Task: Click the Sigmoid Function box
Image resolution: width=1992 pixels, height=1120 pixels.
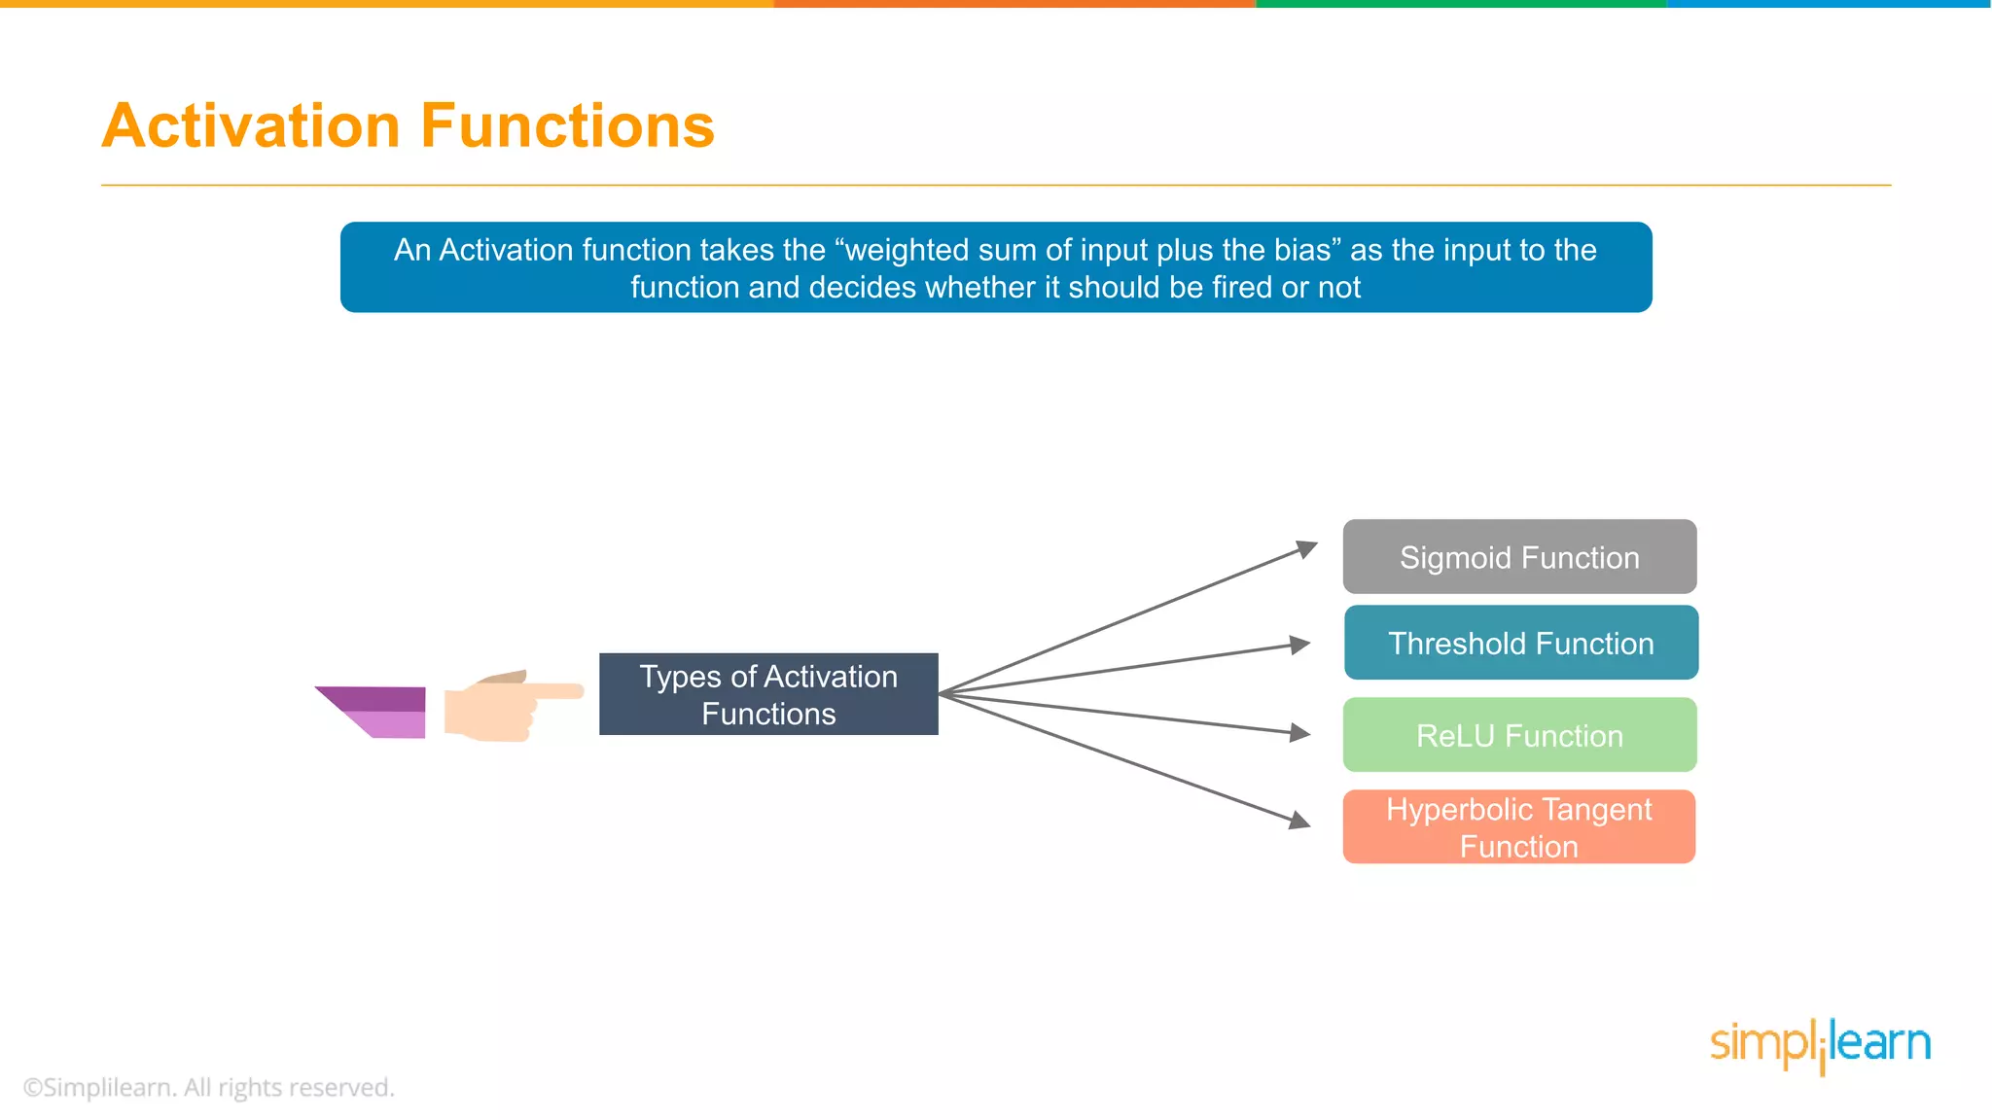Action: tap(1519, 557)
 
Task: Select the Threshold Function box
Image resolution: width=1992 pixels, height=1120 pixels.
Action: tap(1521, 643)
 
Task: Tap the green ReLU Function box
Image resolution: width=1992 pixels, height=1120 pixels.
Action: tap(1519, 735)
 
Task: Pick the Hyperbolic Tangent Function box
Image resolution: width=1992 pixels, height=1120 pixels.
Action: tap(1519, 826)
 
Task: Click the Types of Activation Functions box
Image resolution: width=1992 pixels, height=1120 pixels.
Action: tap(768, 694)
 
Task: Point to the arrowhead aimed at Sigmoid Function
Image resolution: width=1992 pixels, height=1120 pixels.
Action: tap(1306, 549)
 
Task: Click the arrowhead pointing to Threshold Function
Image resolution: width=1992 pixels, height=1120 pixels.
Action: tap(1300, 645)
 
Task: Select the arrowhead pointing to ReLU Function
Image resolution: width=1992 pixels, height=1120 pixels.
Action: tap(1300, 733)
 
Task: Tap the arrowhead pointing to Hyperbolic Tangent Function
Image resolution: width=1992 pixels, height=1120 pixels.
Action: tap(1300, 822)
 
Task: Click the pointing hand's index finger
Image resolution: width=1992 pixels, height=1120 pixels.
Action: tap(554, 691)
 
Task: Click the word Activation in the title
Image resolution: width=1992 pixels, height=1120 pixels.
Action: tap(251, 126)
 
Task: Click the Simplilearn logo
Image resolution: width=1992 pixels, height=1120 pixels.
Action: tap(1820, 1045)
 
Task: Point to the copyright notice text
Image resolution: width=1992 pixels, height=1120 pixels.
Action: tap(208, 1087)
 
